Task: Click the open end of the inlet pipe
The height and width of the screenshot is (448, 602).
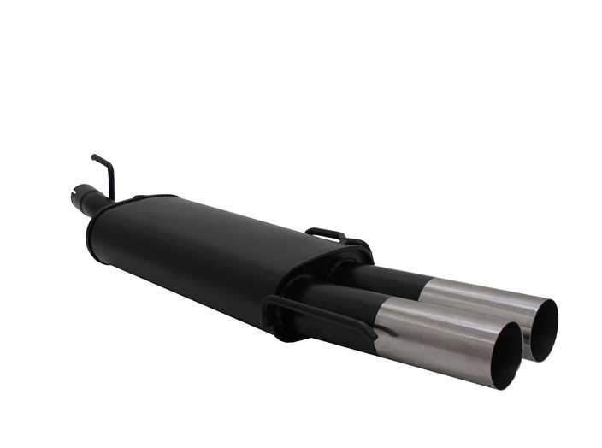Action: [74, 197]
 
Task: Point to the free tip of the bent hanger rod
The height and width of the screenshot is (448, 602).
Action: [93, 157]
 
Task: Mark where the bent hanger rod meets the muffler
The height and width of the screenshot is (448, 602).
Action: [110, 199]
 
